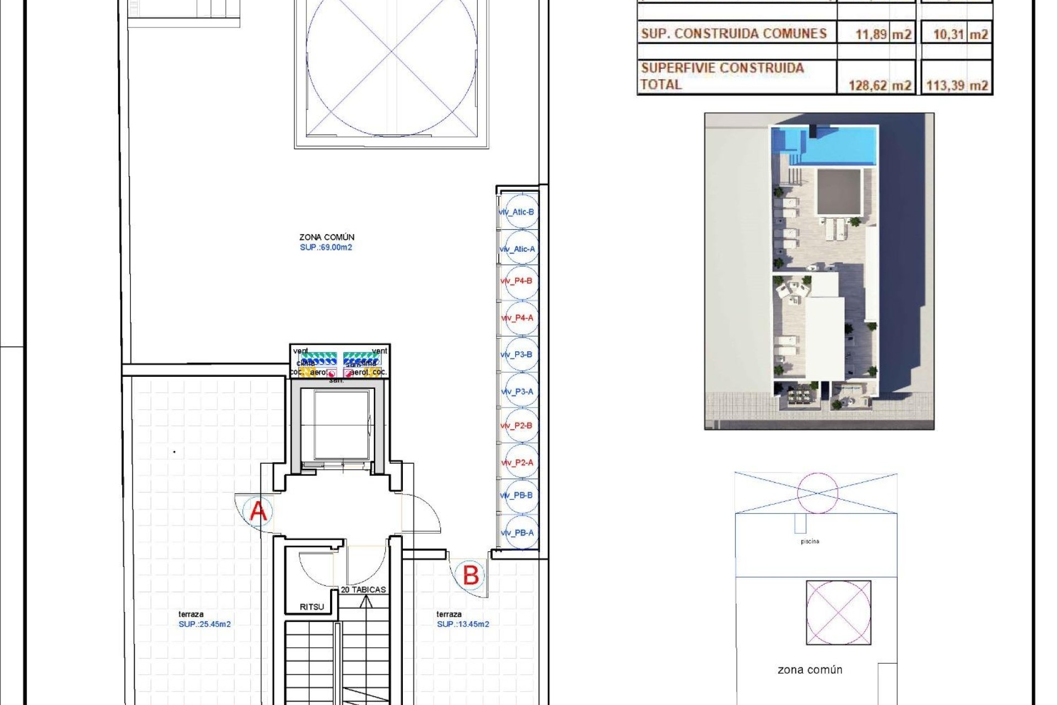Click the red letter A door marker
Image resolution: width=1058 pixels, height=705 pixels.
(x=258, y=511)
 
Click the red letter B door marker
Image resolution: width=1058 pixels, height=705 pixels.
(x=471, y=576)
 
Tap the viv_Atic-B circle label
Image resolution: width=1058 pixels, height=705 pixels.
(x=518, y=212)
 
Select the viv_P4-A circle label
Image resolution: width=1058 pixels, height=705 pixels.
(x=518, y=318)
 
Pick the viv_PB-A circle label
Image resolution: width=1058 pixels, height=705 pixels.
(x=518, y=533)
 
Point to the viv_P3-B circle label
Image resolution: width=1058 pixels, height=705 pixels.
(x=518, y=355)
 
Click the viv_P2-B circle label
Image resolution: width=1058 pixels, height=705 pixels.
(x=518, y=426)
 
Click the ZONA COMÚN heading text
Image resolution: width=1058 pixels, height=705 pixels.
(x=327, y=237)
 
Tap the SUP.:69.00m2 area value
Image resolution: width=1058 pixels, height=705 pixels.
(x=326, y=247)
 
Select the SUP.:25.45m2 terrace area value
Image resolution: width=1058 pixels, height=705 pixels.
(x=204, y=624)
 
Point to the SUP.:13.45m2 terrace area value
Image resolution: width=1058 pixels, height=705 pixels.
(x=463, y=624)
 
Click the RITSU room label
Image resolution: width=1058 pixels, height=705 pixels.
(x=312, y=607)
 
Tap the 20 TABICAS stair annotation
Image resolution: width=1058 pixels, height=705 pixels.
(x=363, y=589)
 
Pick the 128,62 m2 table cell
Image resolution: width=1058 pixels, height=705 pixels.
(x=879, y=85)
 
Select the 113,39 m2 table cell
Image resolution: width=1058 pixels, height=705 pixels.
(x=957, y=85)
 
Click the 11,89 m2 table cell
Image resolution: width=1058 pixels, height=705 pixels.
(x=883, y=34)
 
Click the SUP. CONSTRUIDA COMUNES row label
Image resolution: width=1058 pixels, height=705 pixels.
(x=733, y=34)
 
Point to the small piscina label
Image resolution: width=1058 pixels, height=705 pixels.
(x=809, y=541)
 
